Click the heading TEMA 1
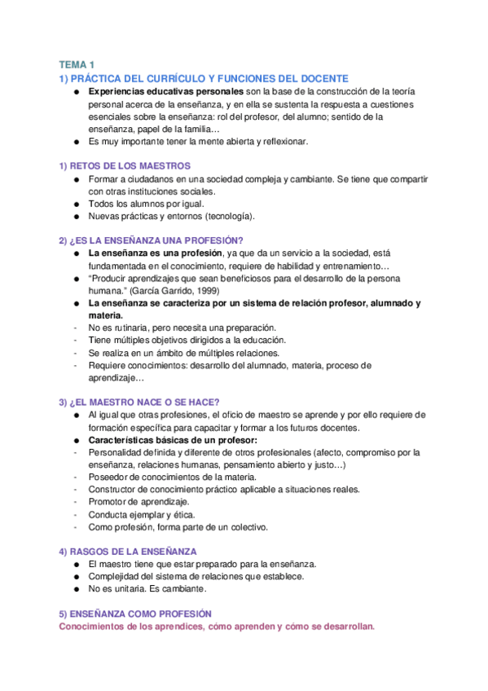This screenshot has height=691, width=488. (x=77, y=64)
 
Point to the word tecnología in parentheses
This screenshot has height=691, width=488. (x=230, y=217)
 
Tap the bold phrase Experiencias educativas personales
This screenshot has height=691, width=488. (x=147, y=91)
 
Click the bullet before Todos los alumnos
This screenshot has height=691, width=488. (x=75, y=204)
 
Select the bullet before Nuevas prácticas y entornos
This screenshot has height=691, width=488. (x=75, y=217)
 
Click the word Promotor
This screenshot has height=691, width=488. (x=108, y=502)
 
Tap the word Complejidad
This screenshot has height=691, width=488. (x=115, y=576)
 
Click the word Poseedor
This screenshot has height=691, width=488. (x=109, y=477)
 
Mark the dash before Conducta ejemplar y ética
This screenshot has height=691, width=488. (x=75, y=515)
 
